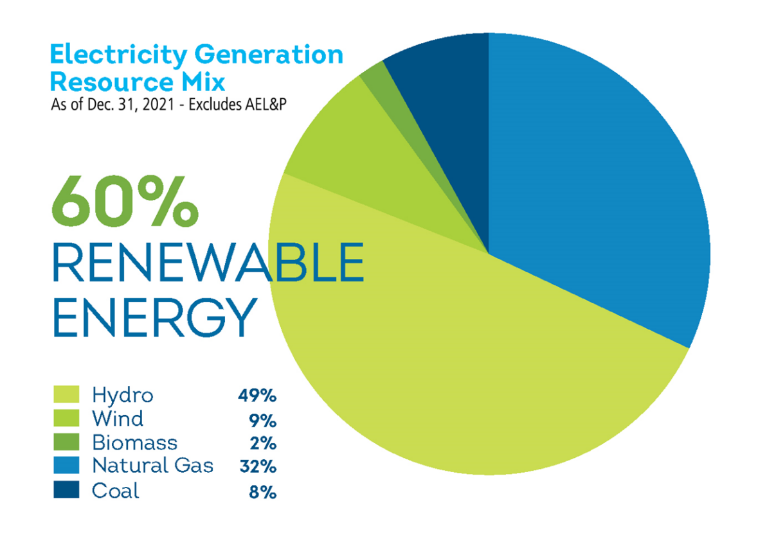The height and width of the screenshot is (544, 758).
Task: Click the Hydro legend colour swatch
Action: (x=66, y=394)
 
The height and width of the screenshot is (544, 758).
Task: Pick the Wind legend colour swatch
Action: (x=66, y=418)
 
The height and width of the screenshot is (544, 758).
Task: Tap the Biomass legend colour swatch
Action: (x=66, y=442)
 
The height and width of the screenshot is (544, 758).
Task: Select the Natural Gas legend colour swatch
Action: (x=66, y=466)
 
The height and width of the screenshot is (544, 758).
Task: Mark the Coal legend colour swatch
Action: (x=66, y=491)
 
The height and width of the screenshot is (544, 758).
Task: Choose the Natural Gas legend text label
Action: (x=152, y=466)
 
